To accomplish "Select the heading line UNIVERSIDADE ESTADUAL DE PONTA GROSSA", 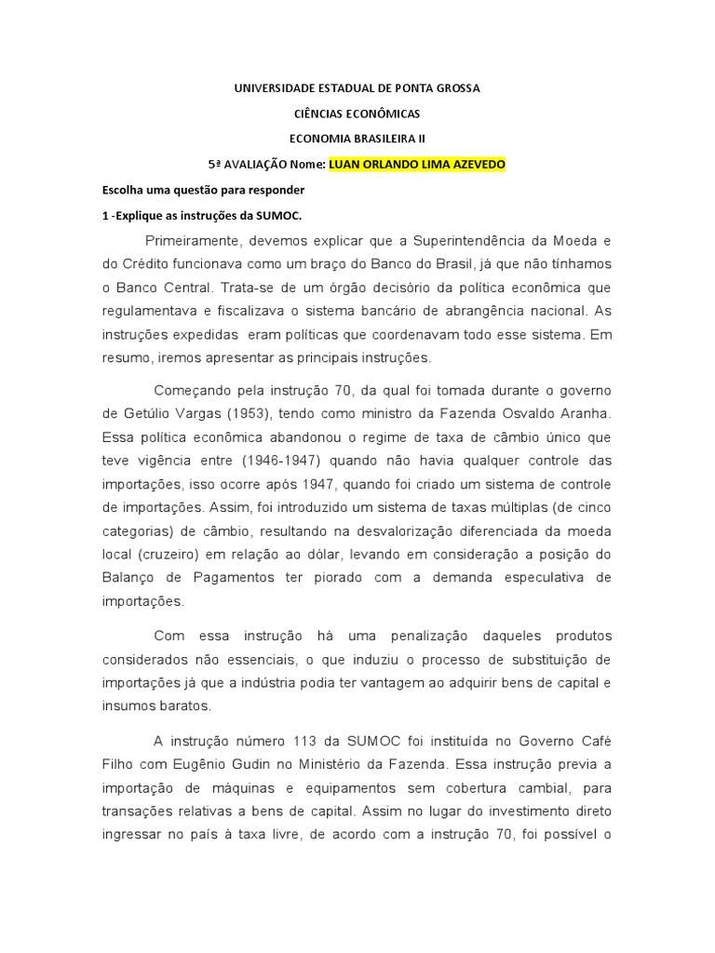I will (357, 88).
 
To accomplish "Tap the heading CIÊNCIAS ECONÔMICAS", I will (357, 114).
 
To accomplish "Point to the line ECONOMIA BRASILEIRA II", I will (357, 139).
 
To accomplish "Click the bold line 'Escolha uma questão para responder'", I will (203, 190).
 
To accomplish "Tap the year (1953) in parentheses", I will (265, 412).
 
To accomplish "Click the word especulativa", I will (535, 578).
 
